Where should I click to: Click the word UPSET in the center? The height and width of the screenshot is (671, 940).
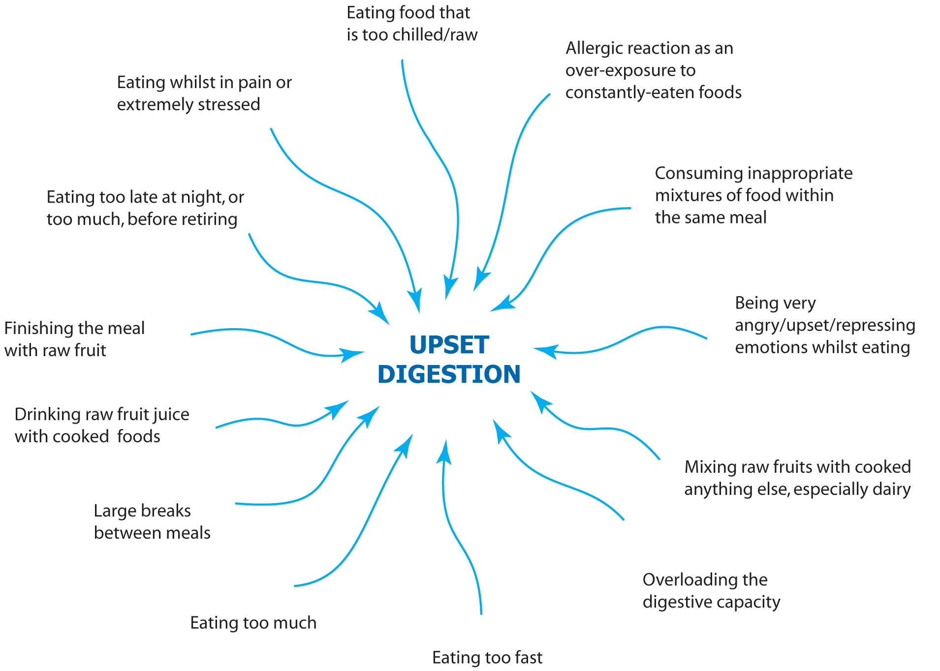pyautogui.click(x=449, y=345)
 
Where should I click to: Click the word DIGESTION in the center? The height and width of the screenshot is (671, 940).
pyautogui.click(x=449, y=374)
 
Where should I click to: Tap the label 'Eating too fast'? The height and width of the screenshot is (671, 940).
pyautogui.click(x=487, y=658)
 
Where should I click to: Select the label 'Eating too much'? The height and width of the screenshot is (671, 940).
pyautogui.click(x=253, y=623)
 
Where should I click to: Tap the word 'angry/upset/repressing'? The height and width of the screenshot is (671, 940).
pyautogui.click(x=825, y=326)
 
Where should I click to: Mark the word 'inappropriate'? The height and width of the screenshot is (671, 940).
pyautogui.click(x=800, y=174)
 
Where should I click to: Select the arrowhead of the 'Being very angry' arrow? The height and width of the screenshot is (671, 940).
pyautogui.click(x=544, y=350)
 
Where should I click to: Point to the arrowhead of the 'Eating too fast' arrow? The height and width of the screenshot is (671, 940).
pyautogui.click(x=445, y=450)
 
